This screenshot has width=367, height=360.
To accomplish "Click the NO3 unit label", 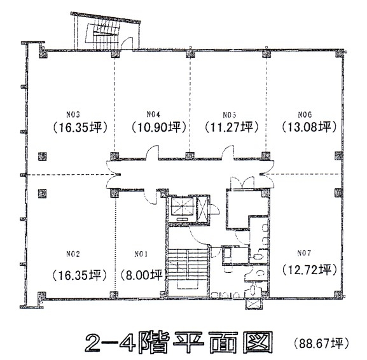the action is coord(73,114).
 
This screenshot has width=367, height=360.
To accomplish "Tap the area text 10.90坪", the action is coord(158,128).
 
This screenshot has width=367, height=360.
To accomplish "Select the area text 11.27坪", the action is coord(232,128).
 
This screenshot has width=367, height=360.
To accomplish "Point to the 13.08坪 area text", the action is coord(309,127).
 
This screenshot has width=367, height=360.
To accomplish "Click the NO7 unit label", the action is coord(304,253).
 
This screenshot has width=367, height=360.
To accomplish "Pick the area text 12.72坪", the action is coord(309,270).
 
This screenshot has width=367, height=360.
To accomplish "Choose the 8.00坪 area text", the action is coord(144,275).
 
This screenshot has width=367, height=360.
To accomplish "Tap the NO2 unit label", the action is coord(73,254).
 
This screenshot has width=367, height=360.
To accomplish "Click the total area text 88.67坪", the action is coord(321,343).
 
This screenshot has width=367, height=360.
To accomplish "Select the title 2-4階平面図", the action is coord(179,342).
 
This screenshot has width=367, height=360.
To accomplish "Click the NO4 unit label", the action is coord(153,114).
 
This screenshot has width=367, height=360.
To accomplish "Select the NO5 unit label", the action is coord(230,115).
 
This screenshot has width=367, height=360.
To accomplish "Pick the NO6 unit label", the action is coord(305,114).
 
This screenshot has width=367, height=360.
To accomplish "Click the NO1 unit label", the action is coord(141,254).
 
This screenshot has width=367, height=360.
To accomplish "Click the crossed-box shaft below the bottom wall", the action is coord(254,304).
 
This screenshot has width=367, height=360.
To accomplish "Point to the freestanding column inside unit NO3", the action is coord(43,156).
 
